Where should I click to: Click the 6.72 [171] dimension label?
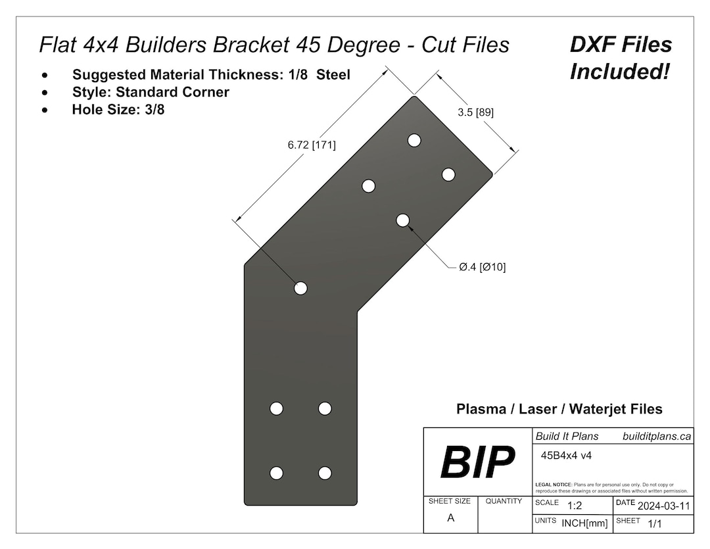coord(311,145)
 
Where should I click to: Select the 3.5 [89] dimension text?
coord(475,112)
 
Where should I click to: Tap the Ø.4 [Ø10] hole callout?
coord(482,267)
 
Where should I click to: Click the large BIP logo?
coord(478,462)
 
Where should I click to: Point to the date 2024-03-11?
coord(663,506)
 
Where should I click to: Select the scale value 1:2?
coord(574,506)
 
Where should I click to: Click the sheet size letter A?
coord(450,518)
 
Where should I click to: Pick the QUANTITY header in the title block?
coord(504,501)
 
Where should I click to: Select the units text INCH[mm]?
coord(584,523)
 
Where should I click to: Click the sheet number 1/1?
coord(655,524)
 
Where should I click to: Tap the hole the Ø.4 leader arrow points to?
coord(403,220)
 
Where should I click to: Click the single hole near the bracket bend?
coord(300,288)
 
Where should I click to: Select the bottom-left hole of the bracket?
coord(277,473)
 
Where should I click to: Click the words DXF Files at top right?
coord(621,45)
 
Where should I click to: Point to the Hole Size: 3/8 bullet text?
coord(118,110)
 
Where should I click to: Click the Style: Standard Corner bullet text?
coord(151,92)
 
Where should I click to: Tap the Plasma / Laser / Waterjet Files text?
coord(559,409)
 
